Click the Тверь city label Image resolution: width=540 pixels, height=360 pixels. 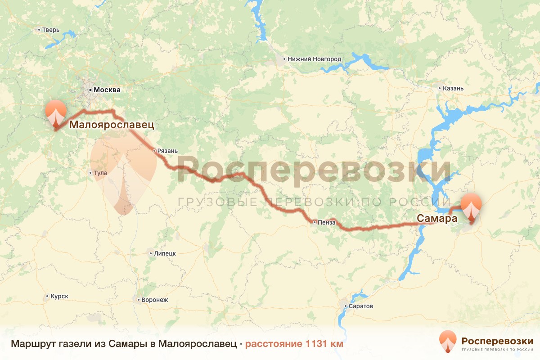point(51,30)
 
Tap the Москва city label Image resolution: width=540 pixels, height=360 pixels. point(107,90)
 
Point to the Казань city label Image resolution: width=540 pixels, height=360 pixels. point(453,88)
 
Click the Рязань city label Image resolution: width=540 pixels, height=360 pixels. point(167,151)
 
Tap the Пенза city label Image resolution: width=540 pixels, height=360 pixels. point(326,222)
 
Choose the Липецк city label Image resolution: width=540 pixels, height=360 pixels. point(165,253)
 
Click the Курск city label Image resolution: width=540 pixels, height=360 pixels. point(59,297)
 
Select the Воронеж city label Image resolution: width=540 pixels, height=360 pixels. point(154,300)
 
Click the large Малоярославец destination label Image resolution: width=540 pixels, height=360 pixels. point(112,125)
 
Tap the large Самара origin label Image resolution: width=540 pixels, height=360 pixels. point(436,219)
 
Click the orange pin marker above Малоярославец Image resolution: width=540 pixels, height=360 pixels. point(56,112)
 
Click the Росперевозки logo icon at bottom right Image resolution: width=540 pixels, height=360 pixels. point(448,341)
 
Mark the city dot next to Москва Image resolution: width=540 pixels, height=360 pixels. point(90,90)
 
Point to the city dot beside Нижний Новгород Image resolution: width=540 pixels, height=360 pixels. point(284,59)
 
